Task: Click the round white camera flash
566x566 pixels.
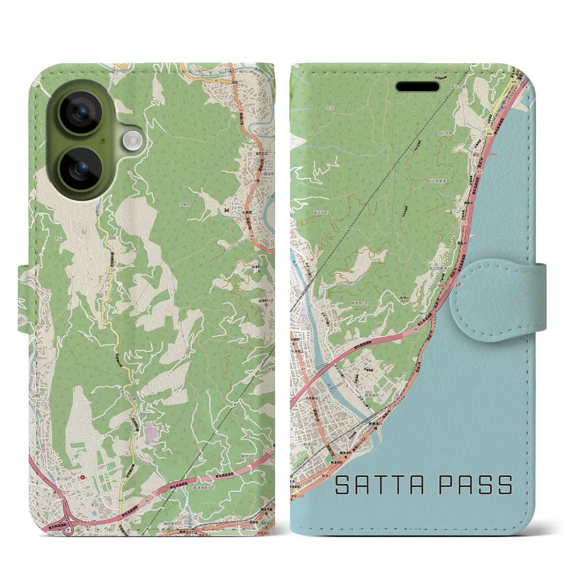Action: [x=132, y=141]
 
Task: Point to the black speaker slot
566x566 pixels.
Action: [x=417, y=87]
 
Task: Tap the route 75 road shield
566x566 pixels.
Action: [x=216, y=81]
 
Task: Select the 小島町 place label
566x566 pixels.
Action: [x=185, y=205]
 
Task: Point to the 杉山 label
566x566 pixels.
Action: [x=59, y=238]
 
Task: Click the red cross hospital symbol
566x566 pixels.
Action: [x=83, y=478]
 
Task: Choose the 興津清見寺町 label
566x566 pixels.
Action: [x=203, y=487]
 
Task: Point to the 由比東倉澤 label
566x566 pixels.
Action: [x=436, y=181]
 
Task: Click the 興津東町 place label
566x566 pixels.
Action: [x=371, y=395]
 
